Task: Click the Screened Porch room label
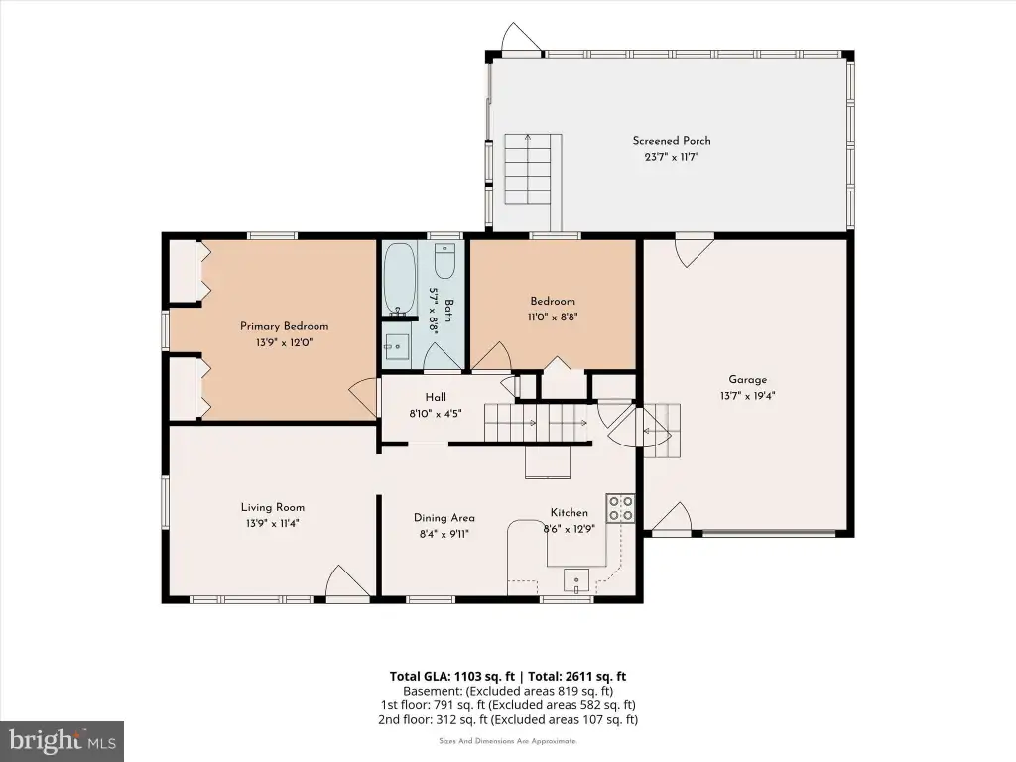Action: pyautogui.click(x=672, y=141)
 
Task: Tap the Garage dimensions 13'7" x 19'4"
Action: pyautogui.click(x=747, y=396)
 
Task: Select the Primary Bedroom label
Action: pyautogui.click(x=284, y=326)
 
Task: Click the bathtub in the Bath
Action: pyautogui.click(x=399, y=279)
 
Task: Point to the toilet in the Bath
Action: pyautogui.click(x=445, y=261)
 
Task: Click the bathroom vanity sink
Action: pyautogui.click(x=397, y=347)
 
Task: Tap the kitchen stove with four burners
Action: pyautogui.click(x=620, y=508)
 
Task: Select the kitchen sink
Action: pyautogui.click(x=576, y=580)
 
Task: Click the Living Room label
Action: pyautogui.click(x=272, y=507)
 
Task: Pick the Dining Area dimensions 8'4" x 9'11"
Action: pyautogui.click(x=444, y=535)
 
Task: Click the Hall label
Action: pyautogui.click(x=436, y=397)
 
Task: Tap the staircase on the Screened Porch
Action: pyautogui.click(x=533, y=170)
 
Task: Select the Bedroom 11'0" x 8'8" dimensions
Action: pyautogui.click(x=552, y=317)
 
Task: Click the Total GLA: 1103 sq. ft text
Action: pyautogui.click(x=451, y=677)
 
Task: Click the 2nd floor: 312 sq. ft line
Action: pyautogui.click(x=508, y=719)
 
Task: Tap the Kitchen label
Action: pyautogui.click(x=569, y=513)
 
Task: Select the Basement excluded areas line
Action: pyautogui.click(x=508, y=691)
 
